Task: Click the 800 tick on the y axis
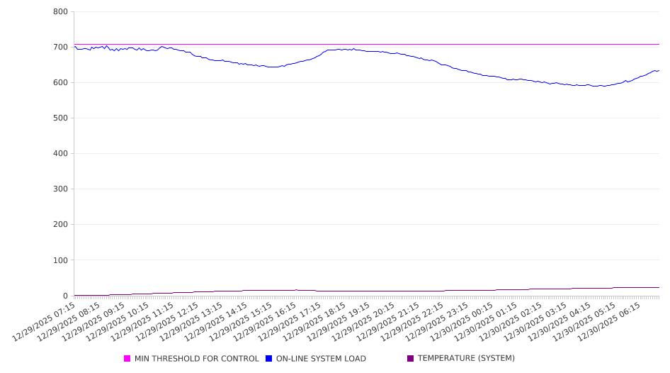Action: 60,12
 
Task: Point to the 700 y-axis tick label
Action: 60,48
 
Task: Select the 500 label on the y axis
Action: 60,118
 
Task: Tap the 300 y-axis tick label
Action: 60,189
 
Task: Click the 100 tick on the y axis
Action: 60,260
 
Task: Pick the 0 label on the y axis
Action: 64,296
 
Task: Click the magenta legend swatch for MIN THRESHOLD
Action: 127,359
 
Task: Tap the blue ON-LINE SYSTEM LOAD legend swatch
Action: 269,359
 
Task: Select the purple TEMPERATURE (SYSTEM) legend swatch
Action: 411,359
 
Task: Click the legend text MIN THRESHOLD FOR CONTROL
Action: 197,359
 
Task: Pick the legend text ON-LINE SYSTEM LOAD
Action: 321,359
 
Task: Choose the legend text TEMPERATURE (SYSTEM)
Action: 466,359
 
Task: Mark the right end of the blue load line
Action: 659,70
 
